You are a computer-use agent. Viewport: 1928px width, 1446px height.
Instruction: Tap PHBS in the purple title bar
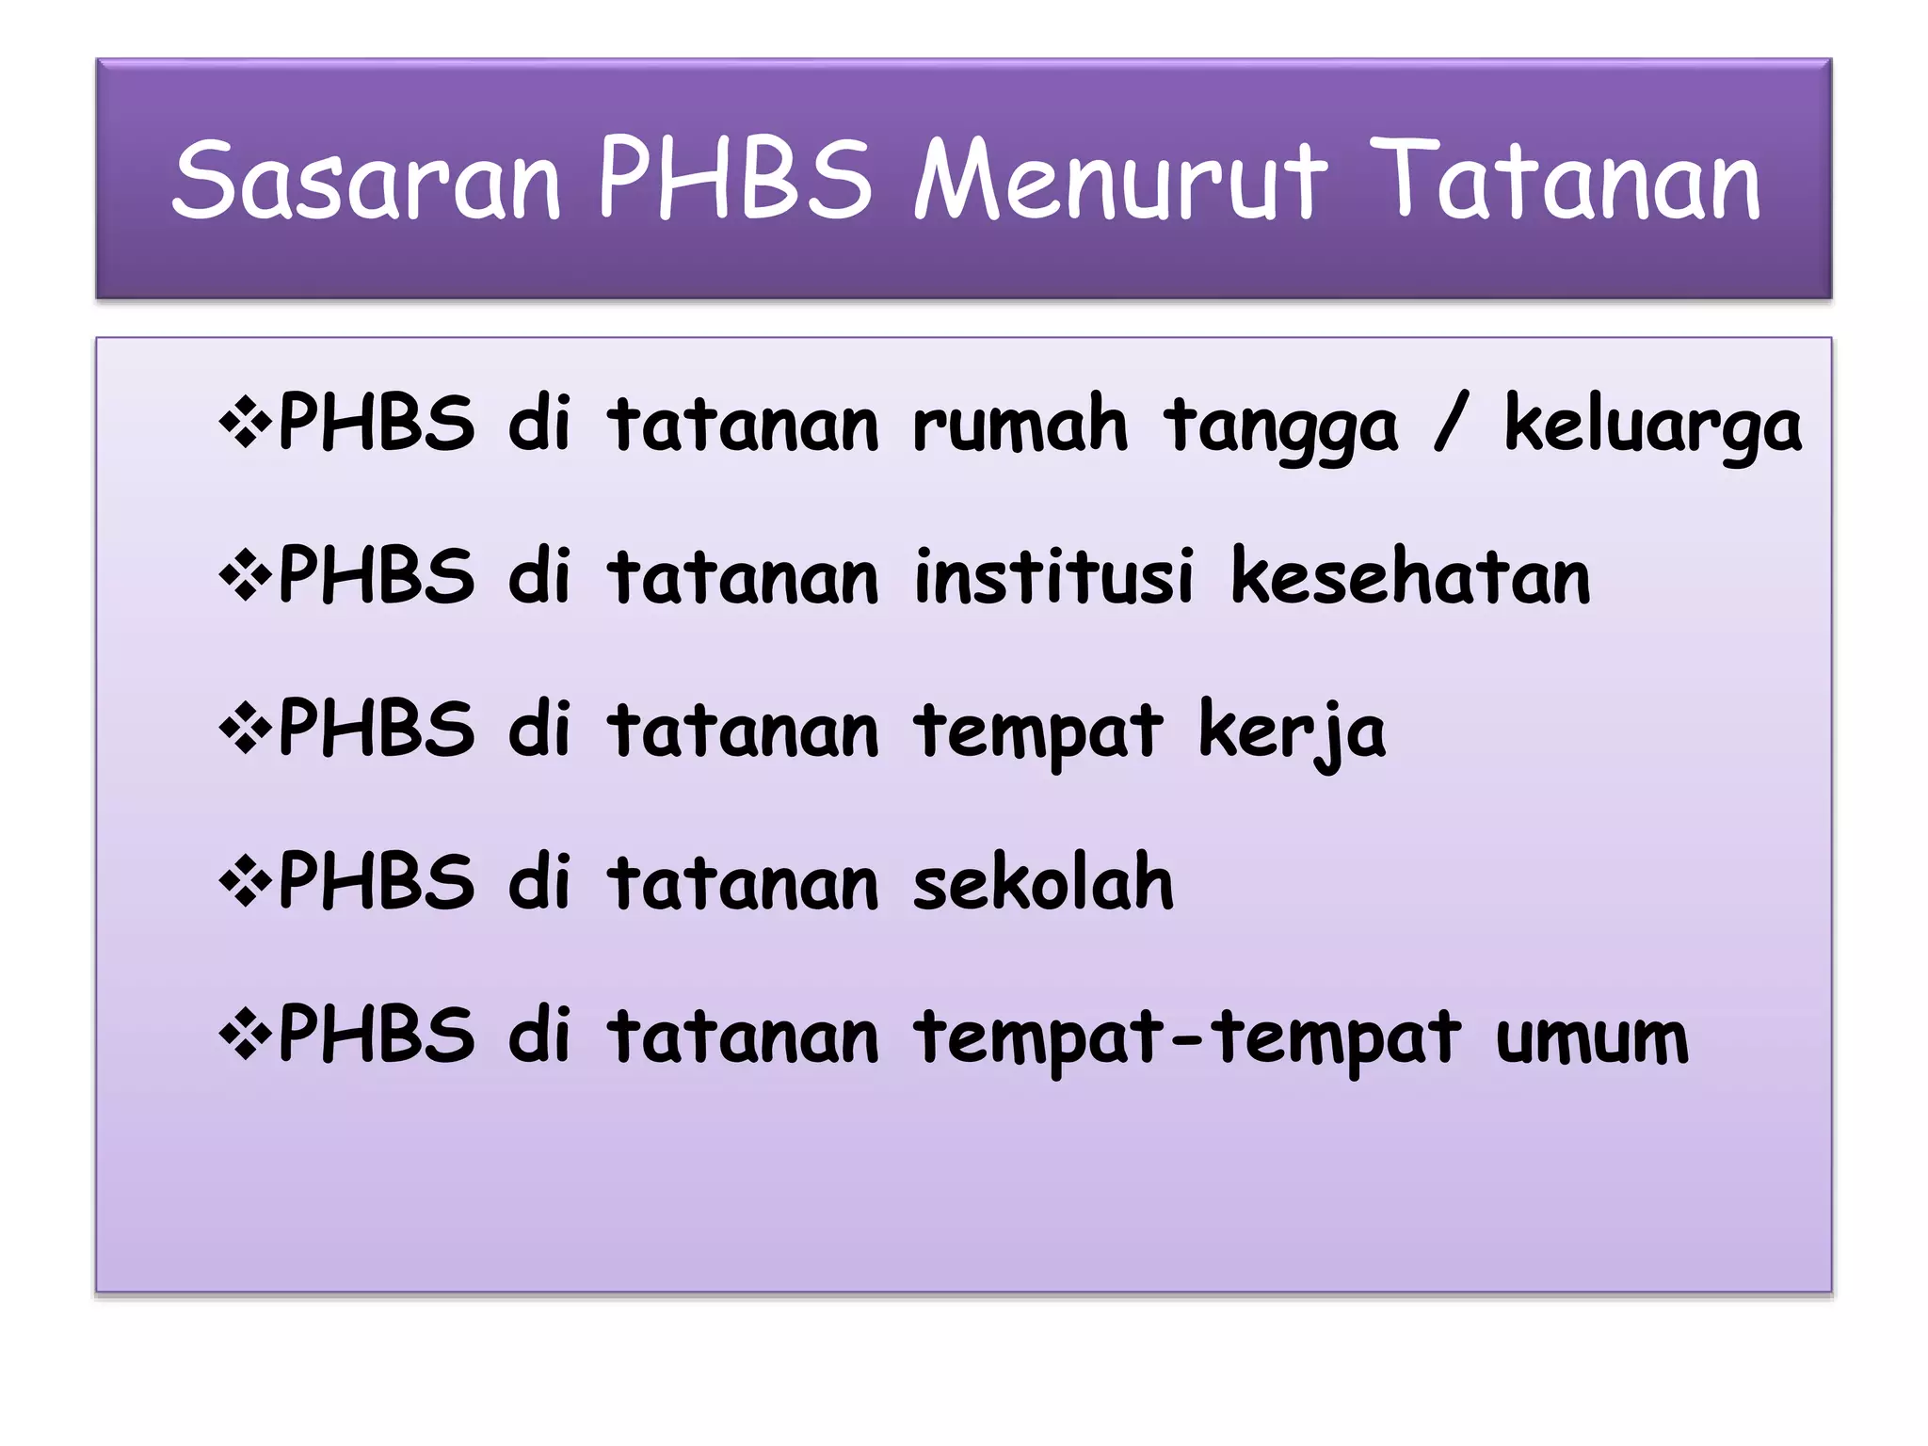click(735, 179)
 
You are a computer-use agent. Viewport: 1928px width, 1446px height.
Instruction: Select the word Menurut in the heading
click(1120, 179)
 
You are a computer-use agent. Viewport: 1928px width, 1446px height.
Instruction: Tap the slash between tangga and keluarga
click(1451, 423)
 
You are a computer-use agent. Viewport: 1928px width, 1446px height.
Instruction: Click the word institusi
click(1054, 576)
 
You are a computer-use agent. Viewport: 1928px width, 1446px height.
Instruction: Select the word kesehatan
click(1410, 576)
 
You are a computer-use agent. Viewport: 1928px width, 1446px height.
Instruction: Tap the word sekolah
click(1043, 882)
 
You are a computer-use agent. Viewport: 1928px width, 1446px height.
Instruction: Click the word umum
click(1592, 1038)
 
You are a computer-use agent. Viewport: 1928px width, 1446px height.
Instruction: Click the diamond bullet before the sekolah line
click(245, 882)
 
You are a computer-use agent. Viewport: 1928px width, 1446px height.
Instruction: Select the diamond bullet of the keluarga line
click(245, 423)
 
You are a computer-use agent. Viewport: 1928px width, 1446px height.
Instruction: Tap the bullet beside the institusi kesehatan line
click(245, 576)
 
